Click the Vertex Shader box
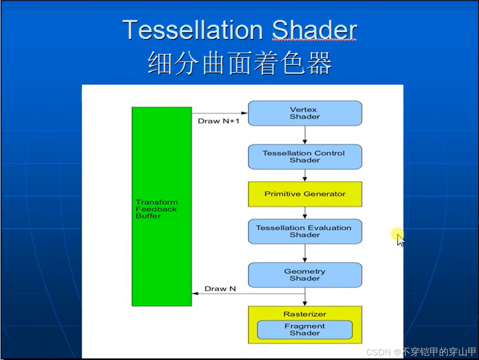coord(305,113)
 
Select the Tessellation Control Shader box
coord(305,157)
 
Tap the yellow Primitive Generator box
coord(305,194)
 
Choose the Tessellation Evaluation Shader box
coord(305,231)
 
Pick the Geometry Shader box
coord(305,275)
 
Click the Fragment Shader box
coord(305,330)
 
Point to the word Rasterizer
coord(305,314)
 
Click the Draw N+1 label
coord(218,121)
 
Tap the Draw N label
coord(220,289)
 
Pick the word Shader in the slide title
coord(314,30)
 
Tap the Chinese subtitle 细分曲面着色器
coord(240,63)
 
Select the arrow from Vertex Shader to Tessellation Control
coord(305,135)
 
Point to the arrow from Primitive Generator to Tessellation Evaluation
coord(305,213)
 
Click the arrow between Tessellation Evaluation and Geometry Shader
coord(305,253)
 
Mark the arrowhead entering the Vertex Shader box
coord(245,113)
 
